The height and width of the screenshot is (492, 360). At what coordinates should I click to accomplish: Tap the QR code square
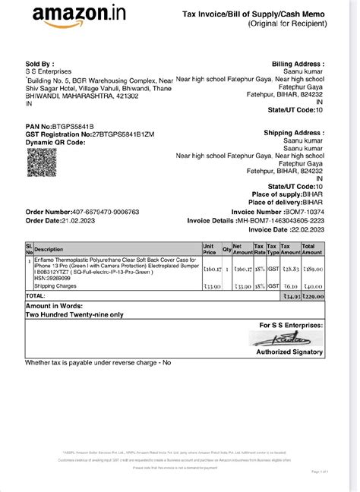[x=42, y=163]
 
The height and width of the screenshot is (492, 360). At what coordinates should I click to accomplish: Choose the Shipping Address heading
[x=294, y=132]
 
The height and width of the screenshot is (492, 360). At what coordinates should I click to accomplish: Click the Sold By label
[x=40, y=65]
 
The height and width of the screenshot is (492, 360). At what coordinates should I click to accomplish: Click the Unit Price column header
[x=209, y=249]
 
